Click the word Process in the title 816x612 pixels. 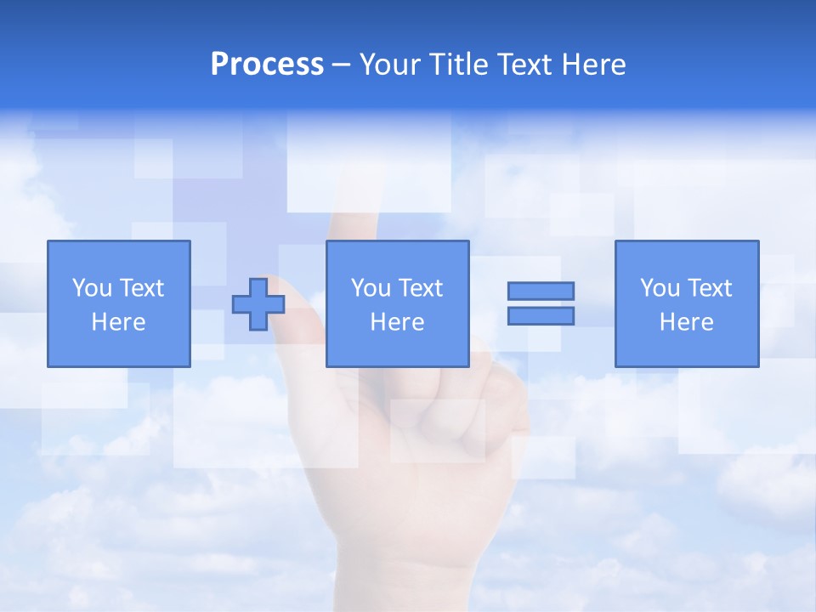click(x=267, y=65)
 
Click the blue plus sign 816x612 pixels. click(x=258, y=303)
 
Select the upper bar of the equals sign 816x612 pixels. click(x=541, y=291)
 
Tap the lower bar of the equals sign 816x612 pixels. click(x=541, y=315)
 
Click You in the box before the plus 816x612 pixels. click(x=92, y=288)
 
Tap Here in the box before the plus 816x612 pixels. click(x=118, y=322)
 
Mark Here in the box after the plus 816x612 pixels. click(x=397, y=322)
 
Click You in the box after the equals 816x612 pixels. click(x=660, y=288)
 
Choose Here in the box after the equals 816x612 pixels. click(x=686, y=322)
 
